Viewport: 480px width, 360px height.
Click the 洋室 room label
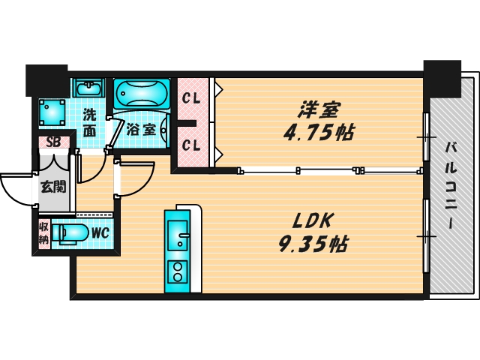(x=318, y=111)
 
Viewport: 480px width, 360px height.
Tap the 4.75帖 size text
(x=318, y=133)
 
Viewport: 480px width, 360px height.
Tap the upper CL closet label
(x=190, y=97)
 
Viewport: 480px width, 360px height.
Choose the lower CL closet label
(x=190, y=145)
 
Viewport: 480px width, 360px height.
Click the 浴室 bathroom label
(x=141, y=129)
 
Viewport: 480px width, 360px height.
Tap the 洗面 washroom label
(x=89, y=122)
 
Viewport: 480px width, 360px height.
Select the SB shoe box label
(x=53, y=141)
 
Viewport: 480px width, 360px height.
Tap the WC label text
(x=100, y=233)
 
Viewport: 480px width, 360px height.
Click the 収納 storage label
(x=43, y=233)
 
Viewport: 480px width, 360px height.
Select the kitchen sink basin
(x=179, y=234)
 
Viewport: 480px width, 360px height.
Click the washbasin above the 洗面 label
(x=88, y=87)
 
